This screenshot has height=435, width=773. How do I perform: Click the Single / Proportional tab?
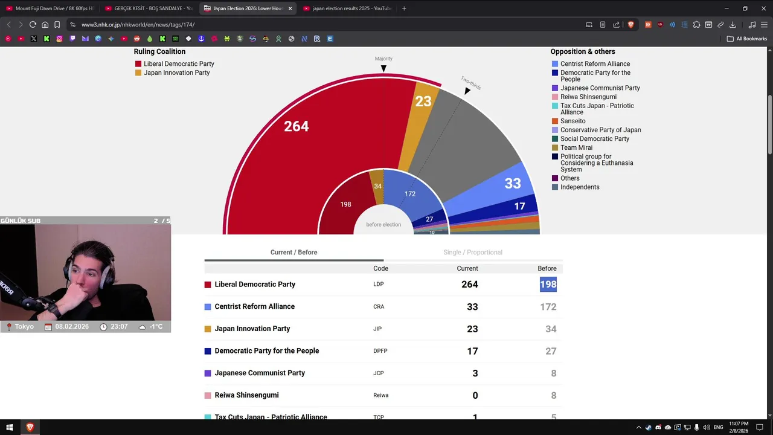[x=472, y=252]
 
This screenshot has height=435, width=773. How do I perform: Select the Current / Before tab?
[x=293, y=252]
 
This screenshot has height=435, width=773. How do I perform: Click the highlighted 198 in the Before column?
[x=548, y=285]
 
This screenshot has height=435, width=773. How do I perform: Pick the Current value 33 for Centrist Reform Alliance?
[x=472, y=307]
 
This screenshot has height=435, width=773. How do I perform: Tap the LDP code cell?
[x=378, y=285]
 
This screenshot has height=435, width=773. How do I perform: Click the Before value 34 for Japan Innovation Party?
[x=550, y=329]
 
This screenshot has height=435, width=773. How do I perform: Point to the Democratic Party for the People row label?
[x=266, y=351]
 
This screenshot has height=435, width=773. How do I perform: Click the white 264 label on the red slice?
[x=296, y=126]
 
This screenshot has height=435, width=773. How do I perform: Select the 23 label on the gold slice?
[x=423, y=101]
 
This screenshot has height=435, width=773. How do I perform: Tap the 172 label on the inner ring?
[x=410, y=194]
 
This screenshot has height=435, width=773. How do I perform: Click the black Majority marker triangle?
[x=383, y=69]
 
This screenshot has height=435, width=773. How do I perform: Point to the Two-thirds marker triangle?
[x=467, y=91]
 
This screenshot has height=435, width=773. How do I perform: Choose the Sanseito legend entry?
[x=573, y=121]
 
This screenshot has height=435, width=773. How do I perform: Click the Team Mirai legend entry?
[x=576, y=147]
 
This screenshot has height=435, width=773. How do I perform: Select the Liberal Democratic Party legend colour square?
[x=138, y=64]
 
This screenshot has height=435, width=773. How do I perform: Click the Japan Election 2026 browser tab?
[x=248, y=8]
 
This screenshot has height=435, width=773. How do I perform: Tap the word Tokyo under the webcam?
[x=24, y=327]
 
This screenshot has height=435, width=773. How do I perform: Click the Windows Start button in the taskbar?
[x=10, y=428]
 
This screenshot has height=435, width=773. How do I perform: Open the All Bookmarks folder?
[x=747, y=39]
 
